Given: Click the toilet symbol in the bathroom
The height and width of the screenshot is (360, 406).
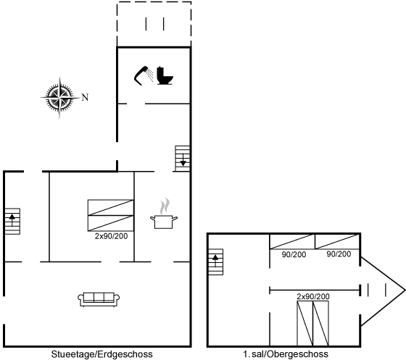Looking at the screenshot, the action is (x=165, y=75).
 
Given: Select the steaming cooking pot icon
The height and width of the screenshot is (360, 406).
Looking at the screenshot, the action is (x=164, y=214).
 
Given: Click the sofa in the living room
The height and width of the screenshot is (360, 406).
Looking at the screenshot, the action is (x=99, y=299).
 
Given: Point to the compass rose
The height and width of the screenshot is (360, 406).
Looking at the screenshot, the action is (x=59, y=98).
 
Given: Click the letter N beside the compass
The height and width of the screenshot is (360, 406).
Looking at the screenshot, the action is (x=86, y=97).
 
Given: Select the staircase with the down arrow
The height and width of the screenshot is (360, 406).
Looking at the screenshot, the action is (x=182, y=159).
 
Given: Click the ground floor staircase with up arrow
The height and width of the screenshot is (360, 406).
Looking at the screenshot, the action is (x=12, y=222).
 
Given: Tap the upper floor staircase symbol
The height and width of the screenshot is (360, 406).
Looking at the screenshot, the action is (x=216, y=261).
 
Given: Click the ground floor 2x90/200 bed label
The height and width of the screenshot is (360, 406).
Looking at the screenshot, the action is (x=111, y=236).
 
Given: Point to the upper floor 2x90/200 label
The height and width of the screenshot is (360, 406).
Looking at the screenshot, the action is (x=313, y=296).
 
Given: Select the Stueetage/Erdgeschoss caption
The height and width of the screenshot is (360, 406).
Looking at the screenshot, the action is (x=101, y=354).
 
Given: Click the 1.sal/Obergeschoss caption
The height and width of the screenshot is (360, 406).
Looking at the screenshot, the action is (x=286, y=353).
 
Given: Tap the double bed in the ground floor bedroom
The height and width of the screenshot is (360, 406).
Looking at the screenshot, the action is (x=111, y=215).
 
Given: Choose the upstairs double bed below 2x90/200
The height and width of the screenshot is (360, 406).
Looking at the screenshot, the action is (x=312, y=323).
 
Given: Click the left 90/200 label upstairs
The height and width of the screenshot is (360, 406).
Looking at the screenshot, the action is (x=294, y=254).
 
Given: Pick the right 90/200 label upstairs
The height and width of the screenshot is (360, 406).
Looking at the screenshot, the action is (x=339, y=254).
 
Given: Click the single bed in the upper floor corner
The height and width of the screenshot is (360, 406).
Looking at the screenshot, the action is (x=337, y=242).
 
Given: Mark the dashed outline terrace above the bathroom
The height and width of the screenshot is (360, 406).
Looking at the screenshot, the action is (x=154, y=25).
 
